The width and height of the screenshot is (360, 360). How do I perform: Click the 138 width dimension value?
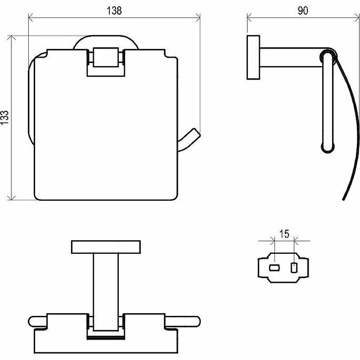[114, 10]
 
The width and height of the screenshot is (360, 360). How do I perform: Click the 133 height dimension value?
[4, 117]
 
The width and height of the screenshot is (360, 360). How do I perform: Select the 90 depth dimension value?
[303, 10]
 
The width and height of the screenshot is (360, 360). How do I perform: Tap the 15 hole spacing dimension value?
[284, 234]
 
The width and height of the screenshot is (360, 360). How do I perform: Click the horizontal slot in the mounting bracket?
[274, 268]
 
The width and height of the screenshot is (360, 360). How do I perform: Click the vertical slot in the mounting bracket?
[294, 268]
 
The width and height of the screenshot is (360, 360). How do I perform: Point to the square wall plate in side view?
[253, 58]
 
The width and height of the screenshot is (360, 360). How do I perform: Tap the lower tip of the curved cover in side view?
[343, 199]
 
